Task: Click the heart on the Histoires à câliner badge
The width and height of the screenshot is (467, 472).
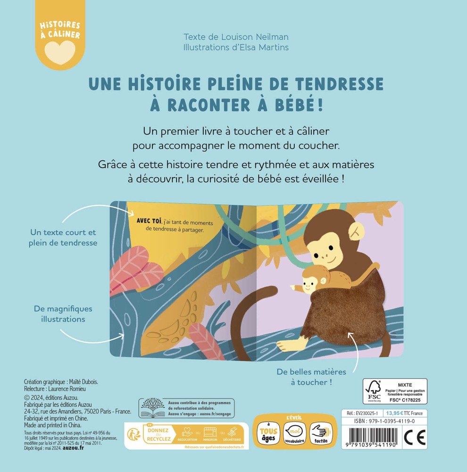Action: click(59, 49)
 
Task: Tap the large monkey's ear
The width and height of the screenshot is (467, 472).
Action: click(356, 230)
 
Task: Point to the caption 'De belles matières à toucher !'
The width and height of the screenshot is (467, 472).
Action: click(311, 377)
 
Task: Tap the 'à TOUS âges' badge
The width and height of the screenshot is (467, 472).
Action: click(268, 432)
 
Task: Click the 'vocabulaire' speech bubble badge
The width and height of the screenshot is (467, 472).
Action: click(295, 432)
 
